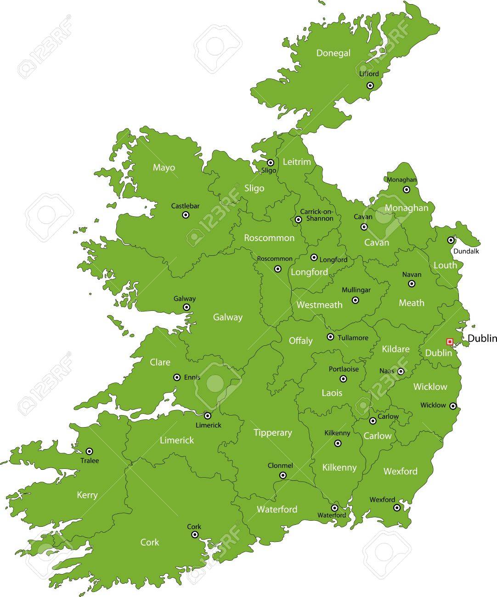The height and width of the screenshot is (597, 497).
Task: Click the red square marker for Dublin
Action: click(x=450, y=341)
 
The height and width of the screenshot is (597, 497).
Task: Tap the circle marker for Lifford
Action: click(x=370, y=85)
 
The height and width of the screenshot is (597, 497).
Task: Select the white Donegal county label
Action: click(x=333, y=53)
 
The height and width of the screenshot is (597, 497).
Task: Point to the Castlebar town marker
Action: click(x=186, y=214)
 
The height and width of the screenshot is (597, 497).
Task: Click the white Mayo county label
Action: click(x=164, y=168)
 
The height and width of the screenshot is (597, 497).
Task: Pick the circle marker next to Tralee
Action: click(x=90, y=451)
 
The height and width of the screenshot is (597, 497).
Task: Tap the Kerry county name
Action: click(x=87, y=495)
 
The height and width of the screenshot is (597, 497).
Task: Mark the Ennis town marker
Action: click(x=177, y=377)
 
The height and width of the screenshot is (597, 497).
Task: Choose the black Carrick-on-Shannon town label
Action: click(x=316, y=215)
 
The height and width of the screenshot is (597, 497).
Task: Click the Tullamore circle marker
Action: click(x=330, y=337)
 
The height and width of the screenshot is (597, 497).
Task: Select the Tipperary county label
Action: click(x=273, y=433)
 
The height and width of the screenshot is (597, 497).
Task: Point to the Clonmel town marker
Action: click(x=283, y=475)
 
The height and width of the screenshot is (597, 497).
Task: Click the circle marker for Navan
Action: click(x=412, y=284)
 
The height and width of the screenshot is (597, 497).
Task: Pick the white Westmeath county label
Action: click(x=319, y=305)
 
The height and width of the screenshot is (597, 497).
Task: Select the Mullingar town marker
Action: click(x=355, y=300)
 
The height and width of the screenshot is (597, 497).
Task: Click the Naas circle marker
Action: click(x=401, y=372)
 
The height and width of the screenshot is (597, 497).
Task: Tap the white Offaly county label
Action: click(x=300, y=341)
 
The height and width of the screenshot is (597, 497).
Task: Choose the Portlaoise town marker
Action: click(x=343, y=379)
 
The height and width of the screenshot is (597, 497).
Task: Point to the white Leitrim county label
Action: click(x=297, y=162)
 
